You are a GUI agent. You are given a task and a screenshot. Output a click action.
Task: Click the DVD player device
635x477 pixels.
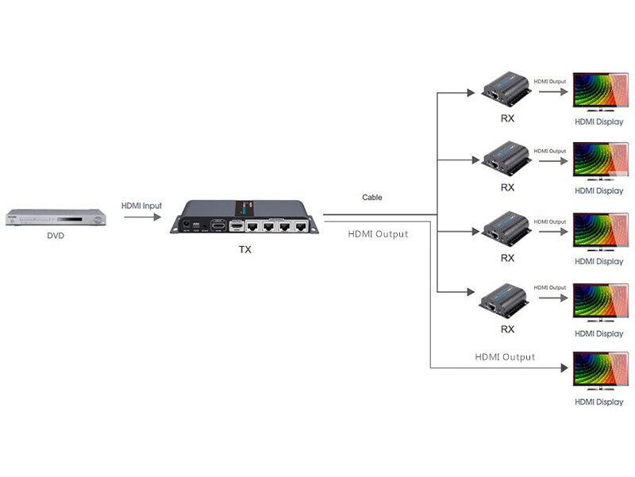click(56, 217)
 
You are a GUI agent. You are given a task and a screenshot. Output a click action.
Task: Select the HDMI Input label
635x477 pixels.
click(141, 206)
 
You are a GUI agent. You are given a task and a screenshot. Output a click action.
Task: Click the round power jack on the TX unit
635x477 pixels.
click(187, 225)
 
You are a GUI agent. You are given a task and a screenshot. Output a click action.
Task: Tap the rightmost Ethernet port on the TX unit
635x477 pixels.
click(301, 226)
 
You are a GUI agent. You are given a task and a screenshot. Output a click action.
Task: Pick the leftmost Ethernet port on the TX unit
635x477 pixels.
click(253, 226)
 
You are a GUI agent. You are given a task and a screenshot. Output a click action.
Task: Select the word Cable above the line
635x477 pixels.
click(372, 197)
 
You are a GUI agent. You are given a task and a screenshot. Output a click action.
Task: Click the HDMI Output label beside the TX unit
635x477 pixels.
click(378, 234)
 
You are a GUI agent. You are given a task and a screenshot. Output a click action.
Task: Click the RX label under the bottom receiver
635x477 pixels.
click(507, 329)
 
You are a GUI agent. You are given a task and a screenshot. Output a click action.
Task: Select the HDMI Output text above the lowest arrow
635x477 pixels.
click(505, 357)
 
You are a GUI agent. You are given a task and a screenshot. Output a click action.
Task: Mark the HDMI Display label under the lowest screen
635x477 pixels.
click(598, 402)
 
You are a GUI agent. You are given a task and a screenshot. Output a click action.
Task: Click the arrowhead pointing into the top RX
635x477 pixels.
click(471, 91)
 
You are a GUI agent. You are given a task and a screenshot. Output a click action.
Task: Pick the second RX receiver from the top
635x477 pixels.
click(506, 157)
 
